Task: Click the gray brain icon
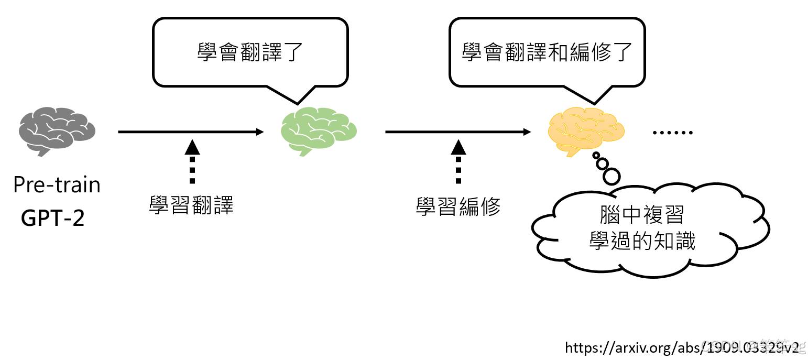tap(57, 131)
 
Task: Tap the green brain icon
tap(319, 131)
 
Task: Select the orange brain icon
tap(586, 131)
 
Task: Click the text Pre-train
tap(57, 185)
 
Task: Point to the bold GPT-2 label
tap(52, 218)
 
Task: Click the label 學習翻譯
tap(191, 206)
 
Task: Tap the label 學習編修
tap(458, 206)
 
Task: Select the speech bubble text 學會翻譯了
tap(250, 52)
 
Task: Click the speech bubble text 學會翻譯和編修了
tap(547, 52)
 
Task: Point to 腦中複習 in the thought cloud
tap(642, 215)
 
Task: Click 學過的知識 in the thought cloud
tap(642, 241)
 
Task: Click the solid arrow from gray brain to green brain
tap(191, 132)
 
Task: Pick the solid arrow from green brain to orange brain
tap(457, 132)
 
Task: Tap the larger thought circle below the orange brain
tap(612, 176)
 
